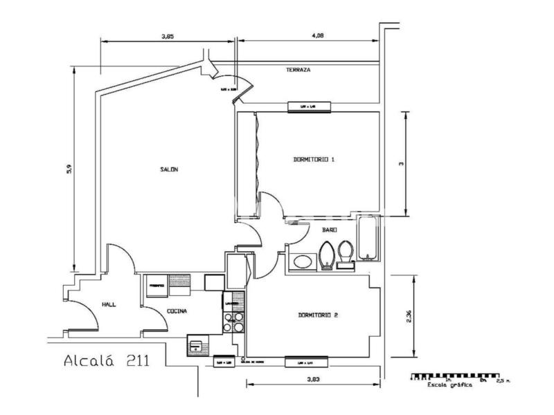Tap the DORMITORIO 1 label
point(314,160)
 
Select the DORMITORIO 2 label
point(318,315)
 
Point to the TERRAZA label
point(298,71)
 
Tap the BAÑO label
point(330,230)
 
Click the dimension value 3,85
point(168,36)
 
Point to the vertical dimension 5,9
point(69,169)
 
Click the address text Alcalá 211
point(104,360)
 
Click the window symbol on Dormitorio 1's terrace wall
point(310,106)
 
